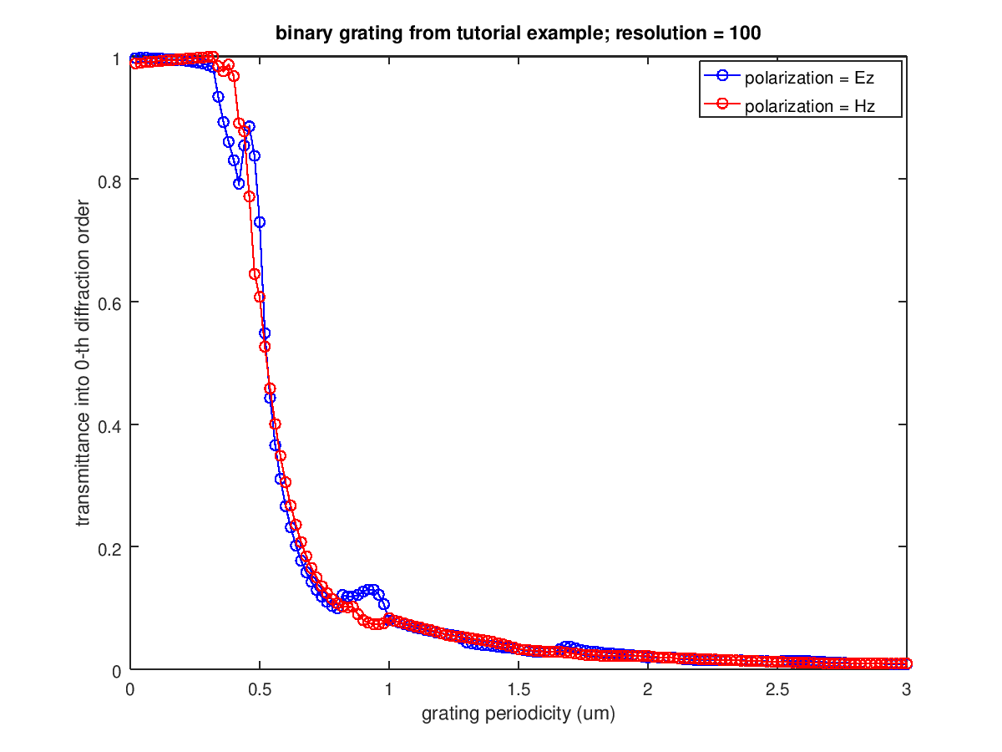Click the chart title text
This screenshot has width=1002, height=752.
(x=518, y=34)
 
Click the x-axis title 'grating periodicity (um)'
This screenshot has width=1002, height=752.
(x=518, y=714)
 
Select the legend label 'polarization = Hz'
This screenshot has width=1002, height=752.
(x=809, y=105)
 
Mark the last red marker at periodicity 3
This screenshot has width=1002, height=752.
(x=907, y=663)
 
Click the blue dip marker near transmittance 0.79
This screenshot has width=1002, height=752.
(x=239, y=183)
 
